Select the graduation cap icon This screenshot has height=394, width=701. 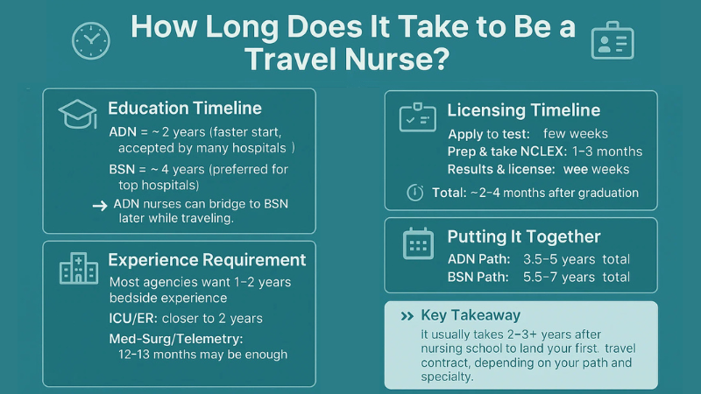[77, 114]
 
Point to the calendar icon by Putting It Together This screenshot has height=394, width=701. [418, 243]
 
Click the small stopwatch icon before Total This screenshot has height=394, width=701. [416, 193]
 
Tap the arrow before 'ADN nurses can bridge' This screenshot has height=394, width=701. [99, 204]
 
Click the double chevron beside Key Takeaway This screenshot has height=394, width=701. [407, 316]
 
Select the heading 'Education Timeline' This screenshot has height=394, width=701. [185, 109]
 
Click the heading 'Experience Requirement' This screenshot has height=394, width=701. [207, 260]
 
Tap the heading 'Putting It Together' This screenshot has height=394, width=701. [523, 236]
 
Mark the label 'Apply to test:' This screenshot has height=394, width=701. [489, 134]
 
